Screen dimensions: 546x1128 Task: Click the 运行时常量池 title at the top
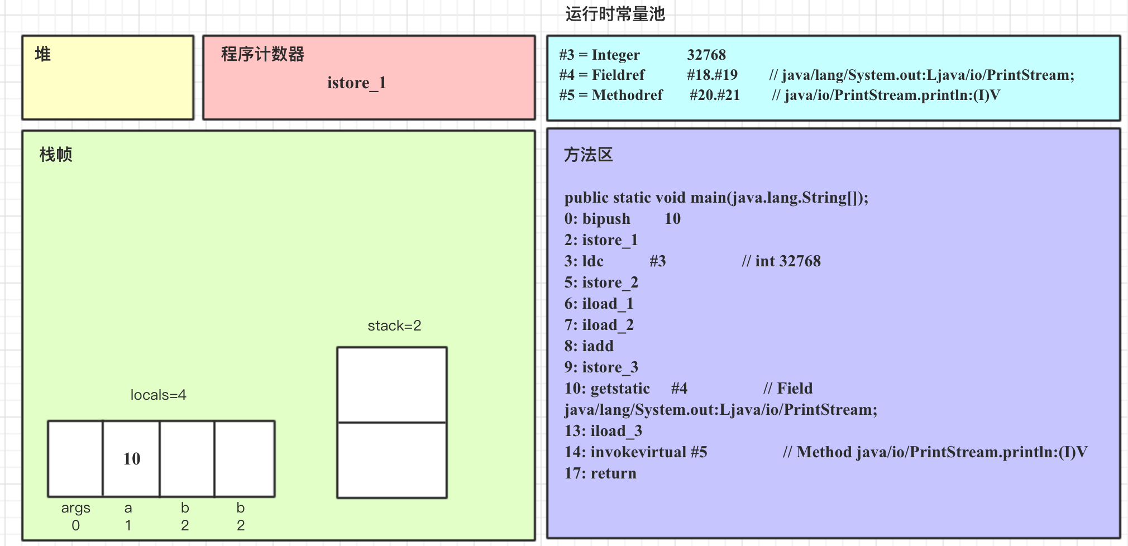(x=615, y=14)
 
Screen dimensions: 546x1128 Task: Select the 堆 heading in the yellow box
(x=42, y=54)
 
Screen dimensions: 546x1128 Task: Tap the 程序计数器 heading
(x=262, y=54)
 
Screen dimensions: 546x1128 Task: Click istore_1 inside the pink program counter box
(x=356, y=83)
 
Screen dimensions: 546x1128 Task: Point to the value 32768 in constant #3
(x=706, y=55)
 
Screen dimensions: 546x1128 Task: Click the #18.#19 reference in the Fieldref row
(x=712, y=75)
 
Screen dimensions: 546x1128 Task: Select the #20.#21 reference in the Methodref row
(x=714, y=95)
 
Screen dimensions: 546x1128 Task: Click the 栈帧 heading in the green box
(x=56, y=155)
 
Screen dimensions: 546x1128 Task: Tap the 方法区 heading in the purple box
(x=588, y=155)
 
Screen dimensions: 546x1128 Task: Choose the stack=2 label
(x=394, y=325)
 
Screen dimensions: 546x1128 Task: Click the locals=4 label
(x=158, y=395)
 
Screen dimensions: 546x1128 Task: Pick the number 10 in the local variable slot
(x=132, y=459)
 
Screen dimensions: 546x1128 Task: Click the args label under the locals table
(x=75, y=508)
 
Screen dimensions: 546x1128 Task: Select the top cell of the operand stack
(x=392, y=385)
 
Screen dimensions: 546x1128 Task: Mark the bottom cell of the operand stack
(x=392, y=460)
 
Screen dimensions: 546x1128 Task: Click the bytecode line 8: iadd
(x=589, y=346)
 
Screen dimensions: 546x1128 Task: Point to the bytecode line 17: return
(x=600, y=473)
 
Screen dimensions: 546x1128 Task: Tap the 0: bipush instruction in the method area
(x=597, y=219)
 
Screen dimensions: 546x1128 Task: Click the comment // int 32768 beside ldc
(x=781, y=261)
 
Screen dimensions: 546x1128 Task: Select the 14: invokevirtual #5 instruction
(x=635, y=452)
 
